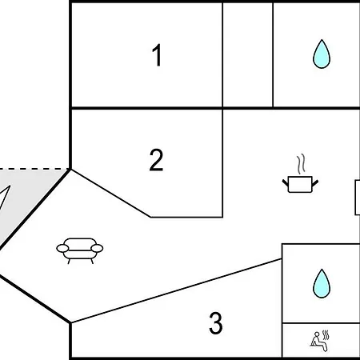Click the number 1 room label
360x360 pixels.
tap(158, 55)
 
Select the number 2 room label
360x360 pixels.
tap(156, 160)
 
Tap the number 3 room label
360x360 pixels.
tap(216, 323)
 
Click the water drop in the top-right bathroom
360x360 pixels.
tap(322, 54)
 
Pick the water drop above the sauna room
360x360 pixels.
tap(322, 283)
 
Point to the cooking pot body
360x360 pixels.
tap(300, 184)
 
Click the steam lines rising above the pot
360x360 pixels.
tap(301, 164)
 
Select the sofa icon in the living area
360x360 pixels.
tap(80, 250)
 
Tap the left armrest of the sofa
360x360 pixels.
tap(62, 248)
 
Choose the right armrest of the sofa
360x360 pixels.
tap(97, 248)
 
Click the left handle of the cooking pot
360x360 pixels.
tap(286, 183)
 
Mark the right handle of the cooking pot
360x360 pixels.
tap(315, 183)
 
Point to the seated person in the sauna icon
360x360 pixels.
tap(318, 342)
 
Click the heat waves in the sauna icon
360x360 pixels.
tap(326, 334)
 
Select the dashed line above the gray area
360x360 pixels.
tap(34, 169)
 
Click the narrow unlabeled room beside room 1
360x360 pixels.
tap(248, 54)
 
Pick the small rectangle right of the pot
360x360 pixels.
tap(358, 198)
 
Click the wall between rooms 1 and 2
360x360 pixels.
tap(146, 108)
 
